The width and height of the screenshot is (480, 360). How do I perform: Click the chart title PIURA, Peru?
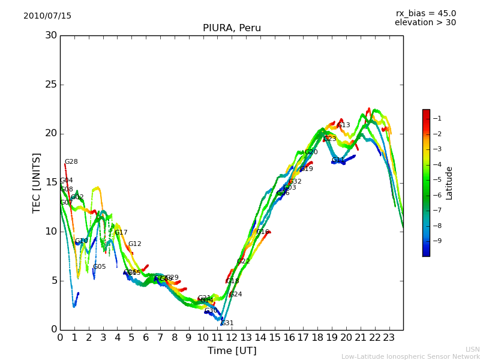point(232,28)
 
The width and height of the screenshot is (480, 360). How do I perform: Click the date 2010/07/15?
point(47,16)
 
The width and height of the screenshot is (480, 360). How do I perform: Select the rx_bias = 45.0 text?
point(425,14)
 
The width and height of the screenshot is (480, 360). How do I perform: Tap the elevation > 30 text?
point(425,23)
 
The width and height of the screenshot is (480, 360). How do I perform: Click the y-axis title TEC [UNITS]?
point(37,182)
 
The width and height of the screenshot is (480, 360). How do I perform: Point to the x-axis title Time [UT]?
point(232,351)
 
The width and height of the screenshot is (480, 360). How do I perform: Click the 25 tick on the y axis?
point(51,85)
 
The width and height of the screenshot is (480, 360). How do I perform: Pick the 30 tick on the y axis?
point(51,35)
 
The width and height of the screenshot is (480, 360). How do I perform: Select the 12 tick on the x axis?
point(232,337)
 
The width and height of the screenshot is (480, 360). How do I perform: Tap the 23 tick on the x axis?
point(389,337)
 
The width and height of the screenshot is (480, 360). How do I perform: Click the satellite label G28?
point(71,162)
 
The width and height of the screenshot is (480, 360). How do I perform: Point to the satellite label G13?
point(344,125)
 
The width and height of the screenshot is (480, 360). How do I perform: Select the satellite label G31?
point(227,323)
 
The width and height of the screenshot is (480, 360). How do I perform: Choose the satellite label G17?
point(121,233)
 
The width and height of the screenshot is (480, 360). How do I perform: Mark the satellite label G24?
point(236,295)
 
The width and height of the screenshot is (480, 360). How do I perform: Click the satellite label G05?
point(99,267)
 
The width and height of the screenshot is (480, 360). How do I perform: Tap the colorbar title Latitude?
point(449,183)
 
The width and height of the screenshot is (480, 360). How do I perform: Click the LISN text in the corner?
point(473,349)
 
